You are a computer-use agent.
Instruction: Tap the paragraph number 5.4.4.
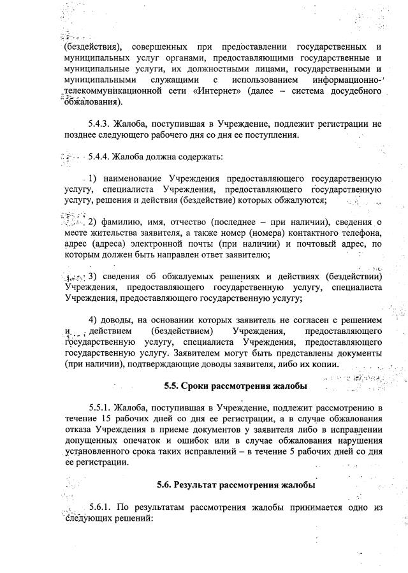tap(100, 156)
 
